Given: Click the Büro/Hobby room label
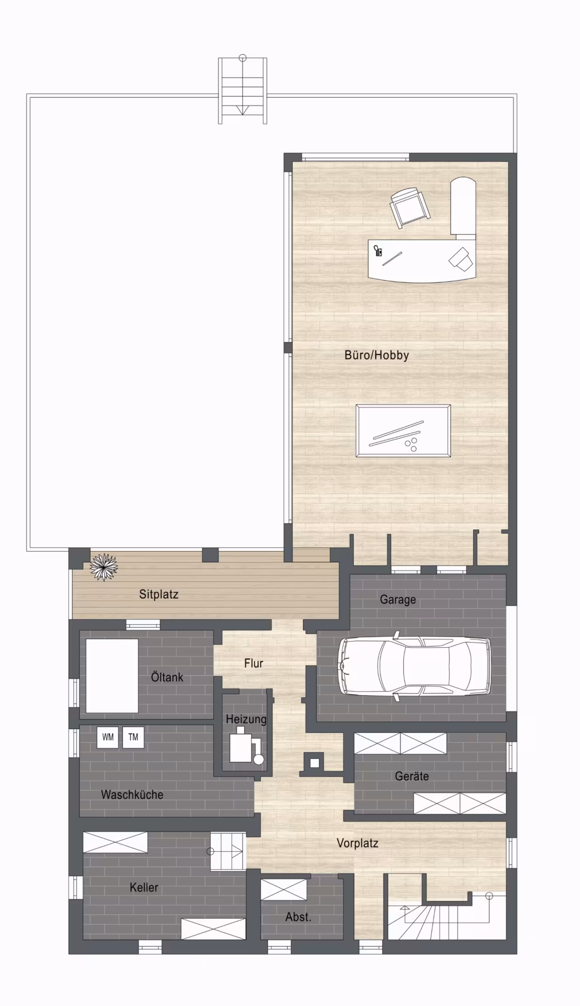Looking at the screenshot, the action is [377, 355].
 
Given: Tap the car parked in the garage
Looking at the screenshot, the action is [415, 666].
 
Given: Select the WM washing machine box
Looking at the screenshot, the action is [108, 737].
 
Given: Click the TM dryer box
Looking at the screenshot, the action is [133, 737].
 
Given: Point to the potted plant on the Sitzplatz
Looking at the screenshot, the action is [104, 567].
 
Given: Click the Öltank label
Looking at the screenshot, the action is [167, 677].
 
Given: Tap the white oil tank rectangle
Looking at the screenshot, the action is [112, 676].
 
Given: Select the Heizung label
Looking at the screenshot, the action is [246, 719].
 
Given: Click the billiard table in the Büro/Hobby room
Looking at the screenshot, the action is [403, 431].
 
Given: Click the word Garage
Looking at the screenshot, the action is [398, 600].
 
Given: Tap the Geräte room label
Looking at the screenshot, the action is [412, 776].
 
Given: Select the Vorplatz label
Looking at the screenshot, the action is [358, 843].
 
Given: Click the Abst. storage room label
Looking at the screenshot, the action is [298, 917].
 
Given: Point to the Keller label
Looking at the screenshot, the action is [144, 887].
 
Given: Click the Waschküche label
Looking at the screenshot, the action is [132, 794].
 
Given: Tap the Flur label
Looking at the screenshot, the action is [254, 663].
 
